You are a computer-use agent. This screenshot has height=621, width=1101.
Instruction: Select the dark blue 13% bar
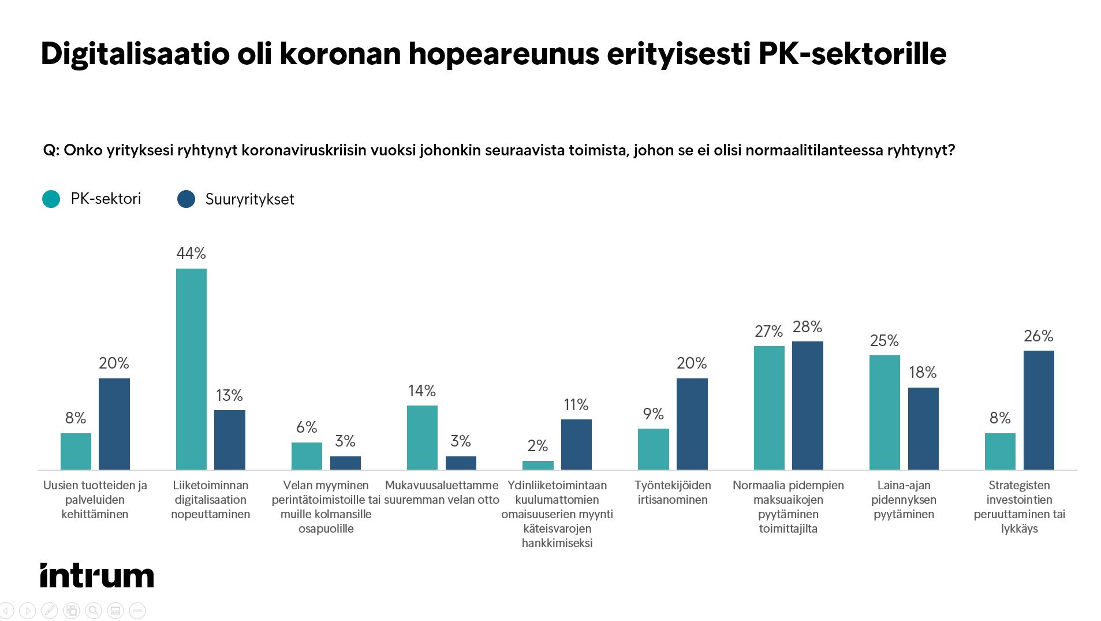pos(229,440)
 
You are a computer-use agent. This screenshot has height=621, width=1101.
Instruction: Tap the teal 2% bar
pos(538,465)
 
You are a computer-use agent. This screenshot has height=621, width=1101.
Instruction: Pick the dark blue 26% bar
pos(1038,410)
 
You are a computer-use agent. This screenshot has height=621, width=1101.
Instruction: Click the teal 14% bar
pos(422,437)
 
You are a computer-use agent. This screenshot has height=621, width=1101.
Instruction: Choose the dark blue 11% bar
pos(576,444)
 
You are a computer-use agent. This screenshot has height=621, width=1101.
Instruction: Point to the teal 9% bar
pos(653,449)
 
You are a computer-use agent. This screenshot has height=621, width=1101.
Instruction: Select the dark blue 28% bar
pos(807,405)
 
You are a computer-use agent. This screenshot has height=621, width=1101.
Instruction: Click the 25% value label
pos(884,341)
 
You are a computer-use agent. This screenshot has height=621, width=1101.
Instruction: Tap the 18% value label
pos(923,373)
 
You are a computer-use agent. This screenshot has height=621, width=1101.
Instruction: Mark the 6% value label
pos(307,427)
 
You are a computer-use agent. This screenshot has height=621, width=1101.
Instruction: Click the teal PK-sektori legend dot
pos(51,199)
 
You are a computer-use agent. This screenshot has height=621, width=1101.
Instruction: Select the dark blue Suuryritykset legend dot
pos(186,199)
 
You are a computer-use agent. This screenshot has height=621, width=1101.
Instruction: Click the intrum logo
pos(97,575)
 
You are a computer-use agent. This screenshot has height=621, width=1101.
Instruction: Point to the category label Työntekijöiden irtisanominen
pos(673,493)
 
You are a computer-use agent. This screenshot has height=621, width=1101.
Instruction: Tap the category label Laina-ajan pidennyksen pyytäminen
pos(904,500)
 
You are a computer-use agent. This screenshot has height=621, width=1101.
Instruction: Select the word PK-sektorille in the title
pos(852,54)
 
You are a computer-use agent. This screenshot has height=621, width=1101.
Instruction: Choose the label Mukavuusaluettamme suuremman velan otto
pos(442,493)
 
